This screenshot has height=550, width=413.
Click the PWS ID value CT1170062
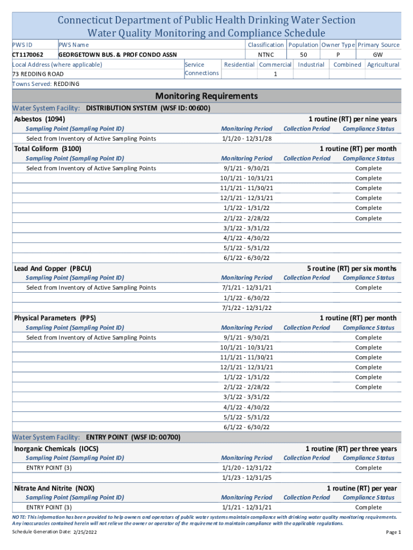click(x=28, y=55)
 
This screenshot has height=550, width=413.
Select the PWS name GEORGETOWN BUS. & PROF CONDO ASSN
click(x=117, y=55)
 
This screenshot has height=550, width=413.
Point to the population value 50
click(x=304, y=55)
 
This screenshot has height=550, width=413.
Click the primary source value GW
click(x=378, y=55)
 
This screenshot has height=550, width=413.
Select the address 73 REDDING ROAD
click(x=38, y=74)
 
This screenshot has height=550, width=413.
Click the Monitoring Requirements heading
click(x=206, y=96)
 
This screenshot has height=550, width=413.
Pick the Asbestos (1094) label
click(x=40, y=119)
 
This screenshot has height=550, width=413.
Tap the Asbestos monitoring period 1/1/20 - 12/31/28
click(x=246, y=139)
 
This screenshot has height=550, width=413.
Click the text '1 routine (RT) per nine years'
click(x=352, y=119)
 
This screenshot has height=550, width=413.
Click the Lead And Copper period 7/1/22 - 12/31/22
click(x=246, y=308)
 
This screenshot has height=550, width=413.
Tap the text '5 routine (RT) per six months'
click(x=351, y=268)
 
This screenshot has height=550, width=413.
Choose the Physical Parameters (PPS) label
click(x=55, y=318)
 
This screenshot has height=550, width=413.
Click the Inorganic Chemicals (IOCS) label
click(x=56, y=448)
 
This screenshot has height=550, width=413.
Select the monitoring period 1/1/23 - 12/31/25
click(x=246, y=477)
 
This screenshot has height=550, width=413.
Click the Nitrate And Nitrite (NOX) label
click(x=54, y=488)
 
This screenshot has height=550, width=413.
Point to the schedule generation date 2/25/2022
click(x=83, y=532)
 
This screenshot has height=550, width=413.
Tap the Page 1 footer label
click(x=393, y=532)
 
